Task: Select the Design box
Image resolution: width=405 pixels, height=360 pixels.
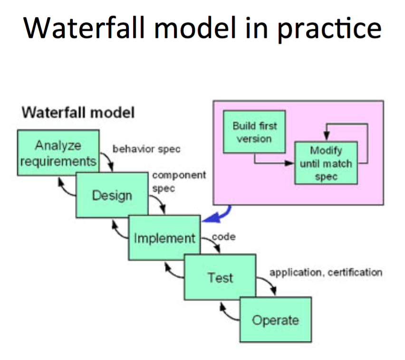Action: point(112,195)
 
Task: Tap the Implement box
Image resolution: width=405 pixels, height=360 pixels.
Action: point(164,237)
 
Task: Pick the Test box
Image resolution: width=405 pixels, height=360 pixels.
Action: point(220,277)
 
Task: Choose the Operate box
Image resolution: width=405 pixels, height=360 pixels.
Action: point(275,320)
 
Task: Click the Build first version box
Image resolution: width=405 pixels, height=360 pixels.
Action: point(254,132)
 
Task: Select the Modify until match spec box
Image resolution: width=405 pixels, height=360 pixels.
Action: point(326,163)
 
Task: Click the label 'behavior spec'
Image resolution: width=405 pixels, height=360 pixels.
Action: point(146,149)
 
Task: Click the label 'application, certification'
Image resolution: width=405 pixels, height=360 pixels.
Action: point(326,273)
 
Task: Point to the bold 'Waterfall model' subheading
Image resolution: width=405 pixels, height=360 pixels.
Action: point(78,113)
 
